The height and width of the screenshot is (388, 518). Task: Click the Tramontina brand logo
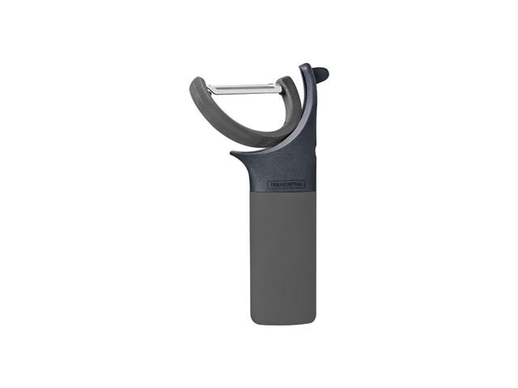286,184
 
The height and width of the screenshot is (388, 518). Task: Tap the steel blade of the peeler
244,88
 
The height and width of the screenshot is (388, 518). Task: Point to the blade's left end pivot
209,88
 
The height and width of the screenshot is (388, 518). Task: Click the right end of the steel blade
281,88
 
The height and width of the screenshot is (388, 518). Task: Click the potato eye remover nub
321,73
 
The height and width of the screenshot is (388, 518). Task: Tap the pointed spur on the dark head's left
232,153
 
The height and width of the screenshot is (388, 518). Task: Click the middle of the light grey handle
283,257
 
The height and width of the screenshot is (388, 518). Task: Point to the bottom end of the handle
283,323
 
